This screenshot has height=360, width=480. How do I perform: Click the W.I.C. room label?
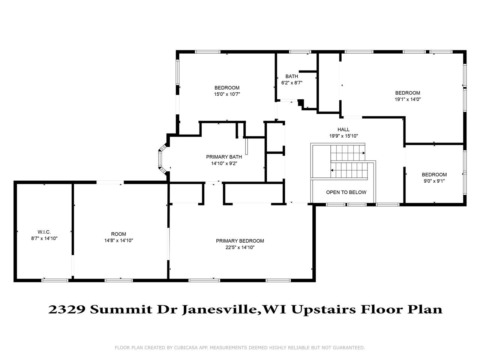click(44, 232)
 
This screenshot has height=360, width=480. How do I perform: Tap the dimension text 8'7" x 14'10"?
click(44, 238)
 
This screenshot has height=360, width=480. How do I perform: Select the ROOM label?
click(118, 234)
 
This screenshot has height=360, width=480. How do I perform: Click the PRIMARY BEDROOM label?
click(240, 241)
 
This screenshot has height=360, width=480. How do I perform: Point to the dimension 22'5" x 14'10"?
click(240, 247)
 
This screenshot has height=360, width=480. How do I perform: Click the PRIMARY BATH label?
click(224, 157)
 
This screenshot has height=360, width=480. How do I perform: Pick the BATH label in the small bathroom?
click(292, 76)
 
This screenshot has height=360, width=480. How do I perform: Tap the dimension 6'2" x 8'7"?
click(292, 82)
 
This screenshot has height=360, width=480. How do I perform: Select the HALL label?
click(343, 129)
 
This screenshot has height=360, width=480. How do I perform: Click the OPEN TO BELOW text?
click(346, 192)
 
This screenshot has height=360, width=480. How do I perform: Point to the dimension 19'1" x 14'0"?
click(408, 99)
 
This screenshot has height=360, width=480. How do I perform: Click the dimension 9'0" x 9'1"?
click(434, 181)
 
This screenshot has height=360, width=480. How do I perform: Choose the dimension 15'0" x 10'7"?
click(227, 94)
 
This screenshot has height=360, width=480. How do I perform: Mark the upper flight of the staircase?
click(347, 153)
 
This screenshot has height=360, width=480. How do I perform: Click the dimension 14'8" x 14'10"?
click(118, 240)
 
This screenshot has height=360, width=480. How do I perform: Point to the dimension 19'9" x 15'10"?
click(343, 136)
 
